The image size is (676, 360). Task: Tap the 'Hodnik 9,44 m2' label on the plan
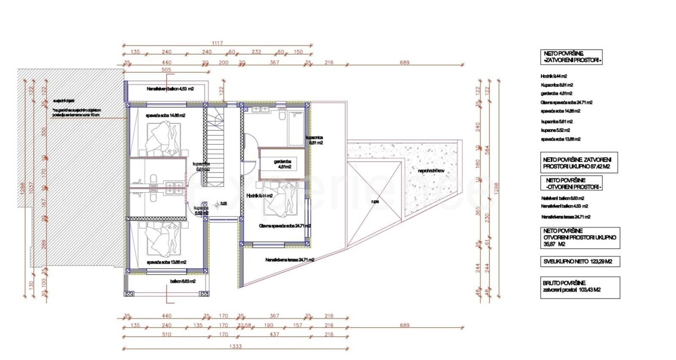[259, 195]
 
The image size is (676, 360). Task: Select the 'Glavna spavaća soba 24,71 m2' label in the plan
[285, 225]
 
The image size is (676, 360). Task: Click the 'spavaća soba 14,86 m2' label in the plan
[166, 115]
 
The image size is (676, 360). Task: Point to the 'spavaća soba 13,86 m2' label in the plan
[166, 262]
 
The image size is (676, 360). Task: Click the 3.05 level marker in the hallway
[224, 204]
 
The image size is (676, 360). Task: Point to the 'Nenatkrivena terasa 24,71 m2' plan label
[290, 260]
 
